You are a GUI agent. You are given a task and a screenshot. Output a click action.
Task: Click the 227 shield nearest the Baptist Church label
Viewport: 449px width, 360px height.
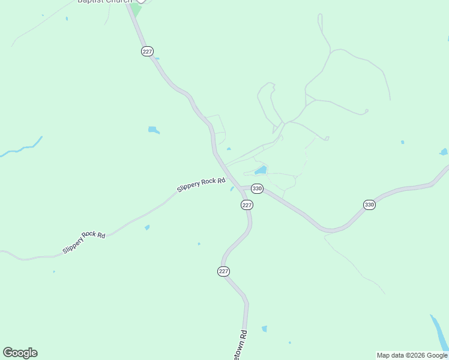pos(147,52)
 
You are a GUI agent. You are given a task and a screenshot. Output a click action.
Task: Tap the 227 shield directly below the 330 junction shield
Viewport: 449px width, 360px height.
pos(247,205)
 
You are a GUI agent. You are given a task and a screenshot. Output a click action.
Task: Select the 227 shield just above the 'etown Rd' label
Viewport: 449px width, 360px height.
pos(223,272)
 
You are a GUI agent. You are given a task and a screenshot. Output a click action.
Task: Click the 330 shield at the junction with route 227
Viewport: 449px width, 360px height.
pos(257,188)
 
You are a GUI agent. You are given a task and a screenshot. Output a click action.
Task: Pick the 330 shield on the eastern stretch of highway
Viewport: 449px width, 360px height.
pos(369,205)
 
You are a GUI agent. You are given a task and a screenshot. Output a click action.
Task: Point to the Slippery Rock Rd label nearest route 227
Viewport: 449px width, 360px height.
pos(201,185)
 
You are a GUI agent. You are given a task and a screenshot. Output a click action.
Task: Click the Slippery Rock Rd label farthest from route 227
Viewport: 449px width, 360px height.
pos(84,242)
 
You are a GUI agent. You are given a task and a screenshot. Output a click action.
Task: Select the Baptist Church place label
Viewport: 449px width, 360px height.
pos(104,2)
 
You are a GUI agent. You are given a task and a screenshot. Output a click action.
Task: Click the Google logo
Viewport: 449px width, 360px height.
pos(20,353)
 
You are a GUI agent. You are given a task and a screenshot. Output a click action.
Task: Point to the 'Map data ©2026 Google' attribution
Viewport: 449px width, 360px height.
pos(412,355)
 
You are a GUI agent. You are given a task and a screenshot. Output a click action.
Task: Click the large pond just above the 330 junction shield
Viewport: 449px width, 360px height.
pos(261,170)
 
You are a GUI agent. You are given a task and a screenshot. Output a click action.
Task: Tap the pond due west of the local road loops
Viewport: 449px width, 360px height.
pos(153,130)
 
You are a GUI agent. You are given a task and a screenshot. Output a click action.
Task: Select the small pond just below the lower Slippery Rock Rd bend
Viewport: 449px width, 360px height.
pos(147,227)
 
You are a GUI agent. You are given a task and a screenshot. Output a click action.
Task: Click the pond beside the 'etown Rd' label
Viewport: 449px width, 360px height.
pos(264,329)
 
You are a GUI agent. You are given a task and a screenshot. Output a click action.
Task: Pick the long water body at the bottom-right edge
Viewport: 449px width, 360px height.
pos(439,332)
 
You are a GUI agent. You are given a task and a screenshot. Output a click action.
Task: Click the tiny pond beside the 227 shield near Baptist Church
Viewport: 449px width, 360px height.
pos(157,58)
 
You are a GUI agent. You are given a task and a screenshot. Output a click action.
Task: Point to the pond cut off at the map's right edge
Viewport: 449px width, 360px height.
pos(444,152)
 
